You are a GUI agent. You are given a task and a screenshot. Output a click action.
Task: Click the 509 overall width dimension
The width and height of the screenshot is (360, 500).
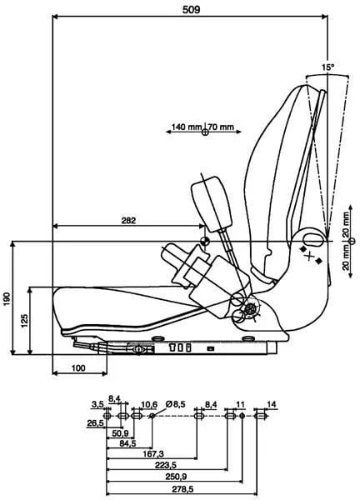(x=192, y=10)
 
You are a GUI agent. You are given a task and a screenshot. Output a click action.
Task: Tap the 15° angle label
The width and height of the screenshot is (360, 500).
(x=327, y=67)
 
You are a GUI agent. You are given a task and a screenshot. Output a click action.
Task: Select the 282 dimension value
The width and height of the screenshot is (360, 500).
(x=128, y=220)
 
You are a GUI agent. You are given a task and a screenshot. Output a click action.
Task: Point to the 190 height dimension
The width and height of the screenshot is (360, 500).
(x=7, y=298)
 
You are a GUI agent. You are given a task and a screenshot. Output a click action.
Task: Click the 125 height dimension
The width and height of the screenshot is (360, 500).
(x=24, y=321)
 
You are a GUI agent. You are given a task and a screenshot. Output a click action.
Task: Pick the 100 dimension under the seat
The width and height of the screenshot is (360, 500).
(x=78, y=368)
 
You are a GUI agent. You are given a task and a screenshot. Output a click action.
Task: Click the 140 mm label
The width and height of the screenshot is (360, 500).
(x=186, y=127)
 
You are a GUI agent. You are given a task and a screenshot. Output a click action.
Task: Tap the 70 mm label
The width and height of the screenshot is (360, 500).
(x=222, y=127)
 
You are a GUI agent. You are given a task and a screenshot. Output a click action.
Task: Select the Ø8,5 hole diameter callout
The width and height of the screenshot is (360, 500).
(x=175, y=404)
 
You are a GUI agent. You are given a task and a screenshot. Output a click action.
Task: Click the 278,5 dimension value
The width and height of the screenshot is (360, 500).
(x=182, y=488)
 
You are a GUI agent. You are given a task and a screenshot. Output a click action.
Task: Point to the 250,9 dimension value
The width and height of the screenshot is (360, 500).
(x=176, y=477)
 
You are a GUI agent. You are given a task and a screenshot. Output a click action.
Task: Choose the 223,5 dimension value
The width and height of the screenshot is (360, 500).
(x=166, y=465)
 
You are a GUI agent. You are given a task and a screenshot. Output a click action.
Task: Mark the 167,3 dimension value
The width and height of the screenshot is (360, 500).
(x=153, y=453)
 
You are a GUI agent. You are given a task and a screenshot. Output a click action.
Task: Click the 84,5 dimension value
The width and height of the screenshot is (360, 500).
(x=127, y=443)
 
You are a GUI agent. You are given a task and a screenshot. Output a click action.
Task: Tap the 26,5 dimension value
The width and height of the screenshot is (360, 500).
(x=95, y=423)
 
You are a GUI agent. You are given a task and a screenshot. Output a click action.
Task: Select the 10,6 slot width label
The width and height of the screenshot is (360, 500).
(x=149, y=404)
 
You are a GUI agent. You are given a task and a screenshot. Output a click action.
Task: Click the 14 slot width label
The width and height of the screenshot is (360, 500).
(x=272, y=404)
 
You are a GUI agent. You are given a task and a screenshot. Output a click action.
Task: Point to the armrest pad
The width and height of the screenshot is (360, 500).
(x=211, y=204)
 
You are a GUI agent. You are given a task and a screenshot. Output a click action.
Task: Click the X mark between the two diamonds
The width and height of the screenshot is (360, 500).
(x=308, y=256)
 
